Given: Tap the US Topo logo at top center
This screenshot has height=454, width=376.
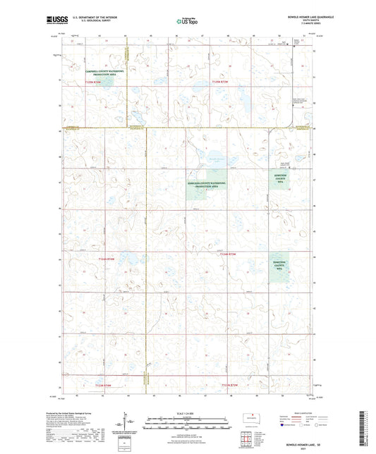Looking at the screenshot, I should pos(187,22).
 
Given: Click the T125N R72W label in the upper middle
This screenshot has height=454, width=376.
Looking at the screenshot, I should pos(220,82).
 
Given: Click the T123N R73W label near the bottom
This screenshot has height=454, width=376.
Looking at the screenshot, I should pos(94,386).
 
